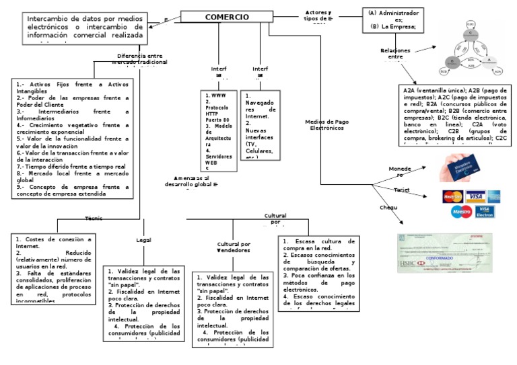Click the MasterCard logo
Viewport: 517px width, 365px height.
(x=452, y=196)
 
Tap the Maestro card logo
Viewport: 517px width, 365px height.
(x=461, y=212)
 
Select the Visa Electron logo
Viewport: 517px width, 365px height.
(x=485, y=212)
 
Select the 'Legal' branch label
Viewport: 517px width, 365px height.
(x=143, y=240)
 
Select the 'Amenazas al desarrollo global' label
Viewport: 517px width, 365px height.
(x=195, y=181)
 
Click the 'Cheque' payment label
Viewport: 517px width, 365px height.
(x=390, y=208)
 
